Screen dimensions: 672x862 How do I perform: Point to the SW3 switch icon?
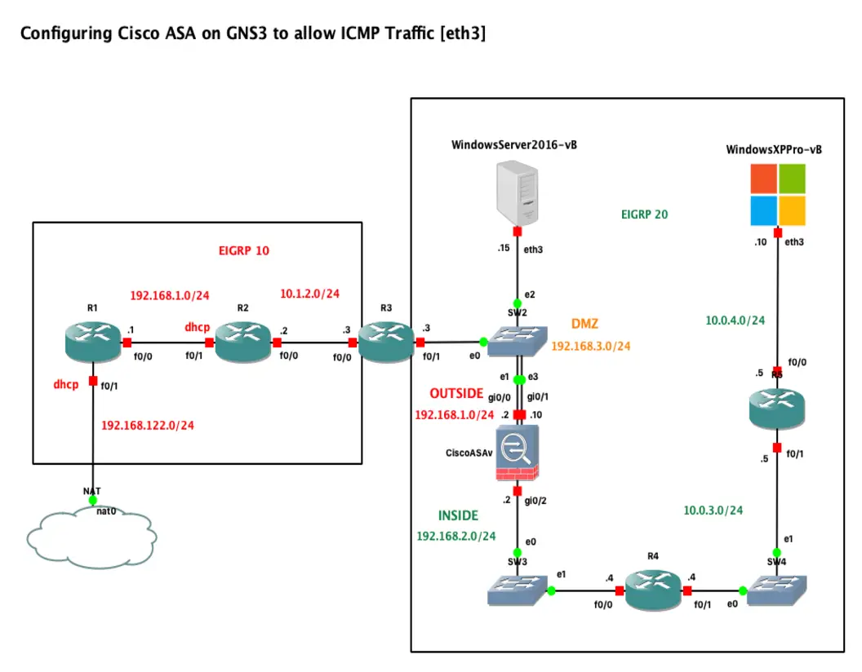click(517, 590)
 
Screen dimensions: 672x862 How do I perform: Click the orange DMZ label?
click(584, 324)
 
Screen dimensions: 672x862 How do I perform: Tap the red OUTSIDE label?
click(457, 394)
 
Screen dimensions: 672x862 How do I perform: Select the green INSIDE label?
click(458, 515)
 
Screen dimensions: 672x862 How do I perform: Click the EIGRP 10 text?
click(245, 250)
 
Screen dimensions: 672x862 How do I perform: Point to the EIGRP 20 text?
click(644, 214)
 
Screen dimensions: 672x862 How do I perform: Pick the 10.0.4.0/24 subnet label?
click(735, 321)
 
